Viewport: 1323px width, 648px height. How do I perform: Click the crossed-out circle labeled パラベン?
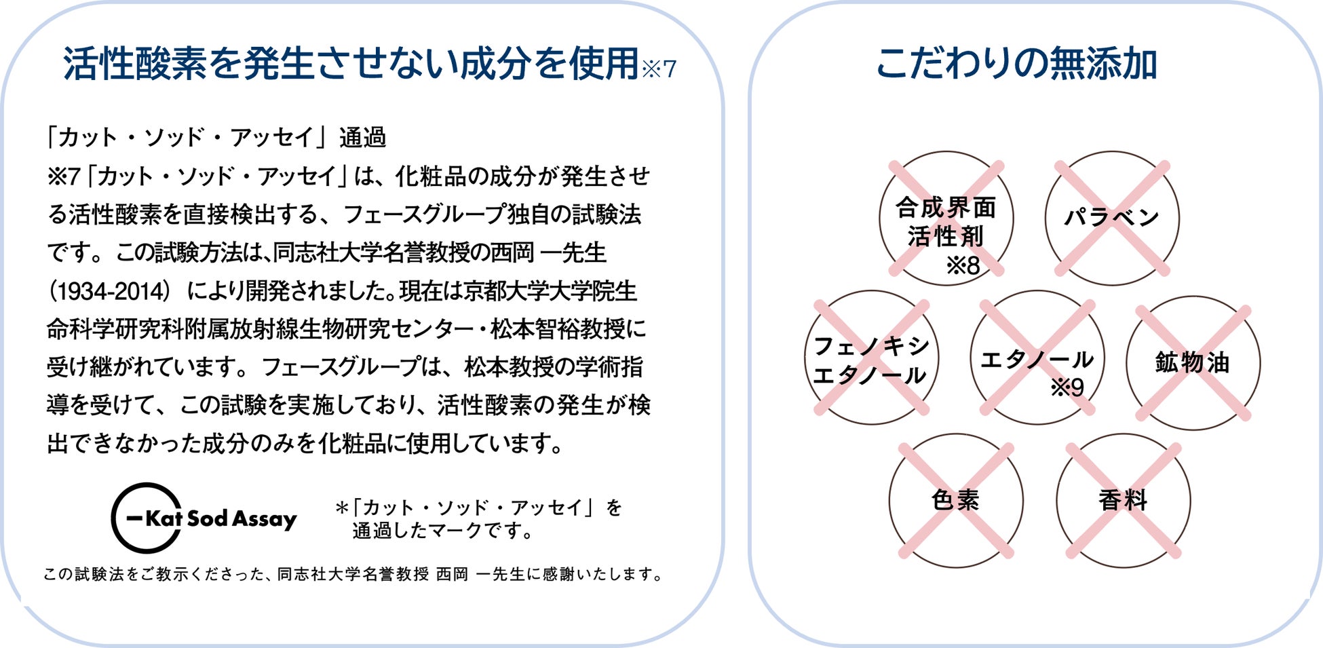1111,218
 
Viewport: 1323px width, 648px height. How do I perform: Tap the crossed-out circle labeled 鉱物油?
1193,363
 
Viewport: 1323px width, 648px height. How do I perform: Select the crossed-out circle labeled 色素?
955,501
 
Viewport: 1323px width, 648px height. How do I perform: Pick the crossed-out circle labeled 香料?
1123,501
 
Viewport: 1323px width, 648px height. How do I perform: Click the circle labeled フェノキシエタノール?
871,358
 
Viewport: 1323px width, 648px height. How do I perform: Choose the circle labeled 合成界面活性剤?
946,218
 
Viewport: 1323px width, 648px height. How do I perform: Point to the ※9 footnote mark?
1067,388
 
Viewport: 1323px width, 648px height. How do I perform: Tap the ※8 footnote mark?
963,266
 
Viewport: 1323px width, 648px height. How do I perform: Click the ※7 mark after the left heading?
659,69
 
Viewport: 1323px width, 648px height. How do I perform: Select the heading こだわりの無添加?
1016,64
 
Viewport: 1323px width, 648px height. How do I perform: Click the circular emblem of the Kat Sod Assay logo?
145,518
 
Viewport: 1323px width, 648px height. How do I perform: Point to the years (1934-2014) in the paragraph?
109,292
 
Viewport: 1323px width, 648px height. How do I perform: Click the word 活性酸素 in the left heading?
134,64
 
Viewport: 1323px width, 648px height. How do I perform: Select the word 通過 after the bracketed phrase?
362,138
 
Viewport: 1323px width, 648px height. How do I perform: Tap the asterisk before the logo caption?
341,508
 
